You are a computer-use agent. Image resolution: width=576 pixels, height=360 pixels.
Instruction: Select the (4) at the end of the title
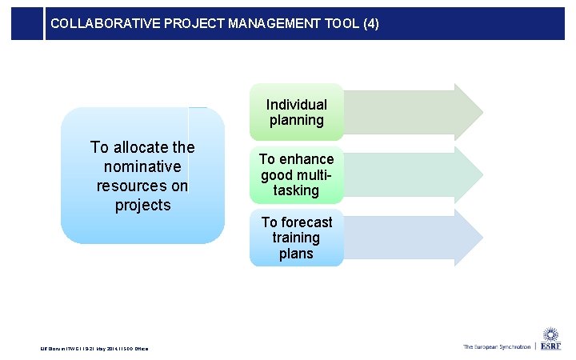370,24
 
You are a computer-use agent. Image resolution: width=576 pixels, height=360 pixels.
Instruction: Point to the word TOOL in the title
339,24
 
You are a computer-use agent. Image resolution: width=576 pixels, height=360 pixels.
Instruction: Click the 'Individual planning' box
296,113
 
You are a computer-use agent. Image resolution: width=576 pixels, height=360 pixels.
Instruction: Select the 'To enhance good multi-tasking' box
296,174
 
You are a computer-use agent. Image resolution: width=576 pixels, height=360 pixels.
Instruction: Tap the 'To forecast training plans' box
296,238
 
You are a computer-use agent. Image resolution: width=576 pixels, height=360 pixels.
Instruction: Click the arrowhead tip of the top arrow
482,110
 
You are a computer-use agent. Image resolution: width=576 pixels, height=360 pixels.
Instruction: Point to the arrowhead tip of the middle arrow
482,174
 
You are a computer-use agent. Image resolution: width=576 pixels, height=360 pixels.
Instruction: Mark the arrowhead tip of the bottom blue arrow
482,238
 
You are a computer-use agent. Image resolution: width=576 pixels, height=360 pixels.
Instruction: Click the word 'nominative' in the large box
142,166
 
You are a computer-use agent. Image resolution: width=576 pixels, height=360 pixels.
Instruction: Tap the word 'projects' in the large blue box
142,205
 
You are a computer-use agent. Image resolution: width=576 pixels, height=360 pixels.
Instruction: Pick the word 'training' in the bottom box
296,238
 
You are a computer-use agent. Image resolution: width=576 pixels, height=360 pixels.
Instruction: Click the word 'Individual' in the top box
296,104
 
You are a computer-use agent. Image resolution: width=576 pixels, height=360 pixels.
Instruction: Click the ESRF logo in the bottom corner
550,339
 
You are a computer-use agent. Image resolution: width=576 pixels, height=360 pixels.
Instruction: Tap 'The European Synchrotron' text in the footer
496,346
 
